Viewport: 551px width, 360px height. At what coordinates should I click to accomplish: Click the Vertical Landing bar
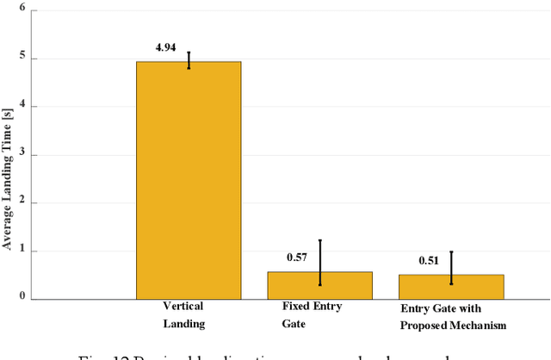pos(189,180)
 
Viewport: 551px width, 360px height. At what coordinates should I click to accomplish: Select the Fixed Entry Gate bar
pos(319,286)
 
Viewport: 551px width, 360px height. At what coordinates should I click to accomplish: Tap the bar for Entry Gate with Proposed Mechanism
pos(450,287)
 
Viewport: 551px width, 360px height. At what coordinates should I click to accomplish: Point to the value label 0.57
pos(298,257)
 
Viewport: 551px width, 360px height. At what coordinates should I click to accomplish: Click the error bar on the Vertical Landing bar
pos(189,60)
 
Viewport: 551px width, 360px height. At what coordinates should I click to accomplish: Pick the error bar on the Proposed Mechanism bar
pos(450,268)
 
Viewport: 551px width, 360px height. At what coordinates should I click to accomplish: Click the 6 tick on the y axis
pos(22,10)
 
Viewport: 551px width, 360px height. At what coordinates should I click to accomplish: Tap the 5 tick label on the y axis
pos(22,59)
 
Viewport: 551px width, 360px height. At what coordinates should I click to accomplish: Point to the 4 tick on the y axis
pos(22,107)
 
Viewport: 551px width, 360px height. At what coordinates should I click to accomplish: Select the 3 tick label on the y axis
pos(22,155)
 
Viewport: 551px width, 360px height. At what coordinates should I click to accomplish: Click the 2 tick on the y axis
pos(22,203)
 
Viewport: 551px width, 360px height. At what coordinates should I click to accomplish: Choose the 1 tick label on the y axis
pos(22,251)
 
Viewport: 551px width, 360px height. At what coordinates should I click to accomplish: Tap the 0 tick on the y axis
pos(22,299)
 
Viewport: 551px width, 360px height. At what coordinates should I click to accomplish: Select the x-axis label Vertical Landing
pos(185,314)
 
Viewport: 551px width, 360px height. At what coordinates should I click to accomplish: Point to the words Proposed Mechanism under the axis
pos(452,325)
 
